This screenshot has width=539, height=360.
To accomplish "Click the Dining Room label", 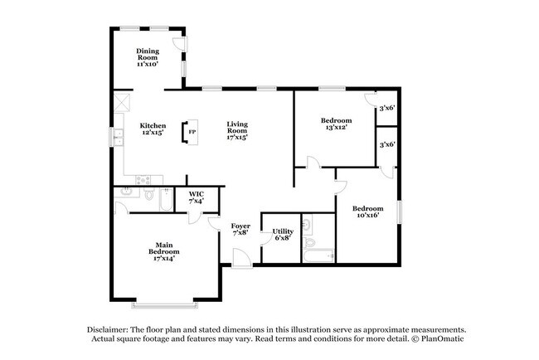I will click(x=148, y=57).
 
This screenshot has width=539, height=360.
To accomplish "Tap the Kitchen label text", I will click(x=152, y=129).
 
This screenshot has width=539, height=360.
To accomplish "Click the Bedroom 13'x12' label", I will click(x=336, y=124).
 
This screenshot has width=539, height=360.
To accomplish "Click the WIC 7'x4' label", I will click(x=196, y=198).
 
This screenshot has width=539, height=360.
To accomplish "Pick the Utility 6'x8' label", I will click(x=283, y=234).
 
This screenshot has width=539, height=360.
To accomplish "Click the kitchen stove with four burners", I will click(x=143, y=178).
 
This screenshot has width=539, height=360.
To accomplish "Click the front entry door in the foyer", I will click(x=240, y=262).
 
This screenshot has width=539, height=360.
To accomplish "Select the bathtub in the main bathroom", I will click(x=165, y=201).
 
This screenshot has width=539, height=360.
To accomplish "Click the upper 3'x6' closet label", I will click(x=386, y=108).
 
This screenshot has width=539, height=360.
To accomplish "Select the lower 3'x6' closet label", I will click(x=386, y=144).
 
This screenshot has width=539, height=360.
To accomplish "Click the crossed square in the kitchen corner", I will click(x=122, y=103).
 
